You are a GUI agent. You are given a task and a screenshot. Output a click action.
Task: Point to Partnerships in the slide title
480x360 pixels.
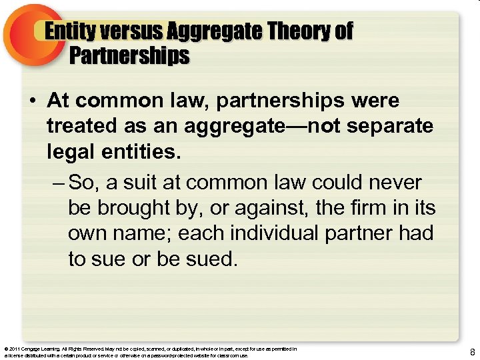tap(129, 55)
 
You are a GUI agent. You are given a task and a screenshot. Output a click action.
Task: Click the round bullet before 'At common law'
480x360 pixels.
tap(32, 101)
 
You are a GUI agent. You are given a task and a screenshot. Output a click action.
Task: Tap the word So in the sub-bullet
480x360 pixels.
tap(83, 182)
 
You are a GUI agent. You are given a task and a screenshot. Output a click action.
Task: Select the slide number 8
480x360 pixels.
tap(472, 352)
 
